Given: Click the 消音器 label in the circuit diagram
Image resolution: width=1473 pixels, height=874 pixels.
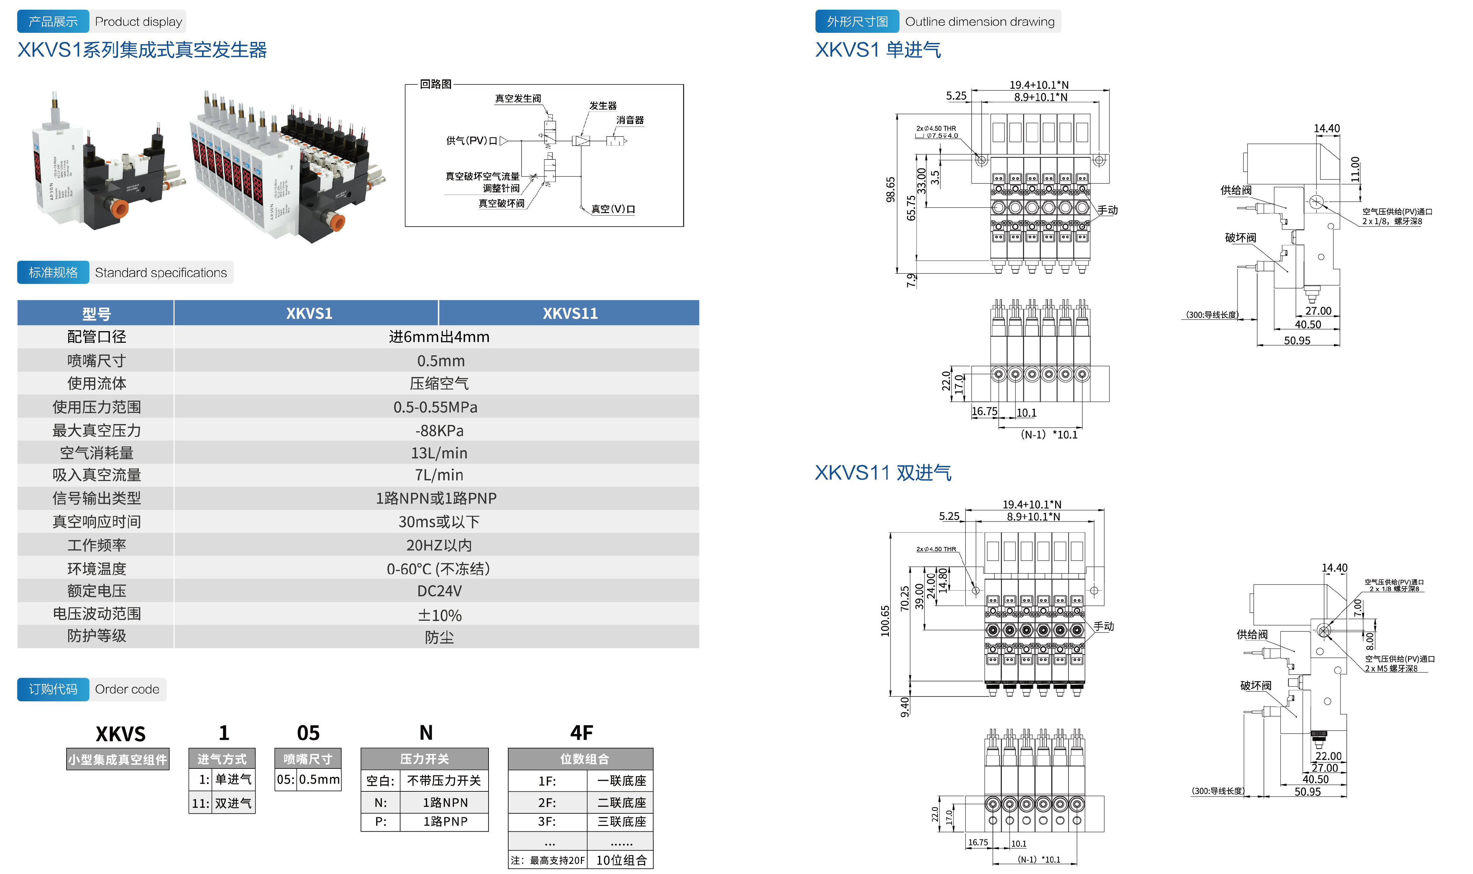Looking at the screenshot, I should click(629, 120).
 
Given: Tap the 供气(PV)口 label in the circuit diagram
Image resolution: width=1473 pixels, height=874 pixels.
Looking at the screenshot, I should click(471, 141).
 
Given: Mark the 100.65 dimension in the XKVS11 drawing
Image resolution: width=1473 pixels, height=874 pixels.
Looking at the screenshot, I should click(885, 620).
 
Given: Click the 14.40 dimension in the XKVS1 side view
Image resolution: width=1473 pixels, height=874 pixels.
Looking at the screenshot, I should click(1326, 128).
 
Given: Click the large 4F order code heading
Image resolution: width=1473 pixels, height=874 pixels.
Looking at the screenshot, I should click(581, 733).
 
